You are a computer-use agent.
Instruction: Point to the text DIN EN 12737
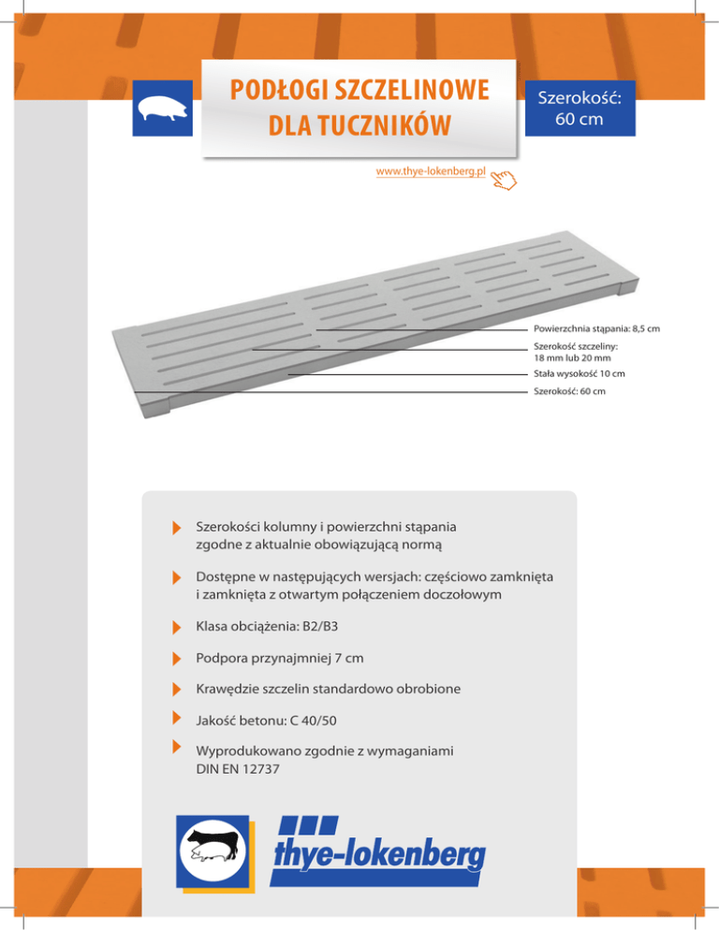242,769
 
